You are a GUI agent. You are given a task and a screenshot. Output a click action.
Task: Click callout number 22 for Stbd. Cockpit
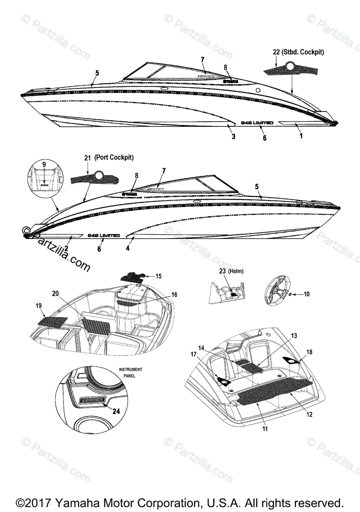tap(276, 52)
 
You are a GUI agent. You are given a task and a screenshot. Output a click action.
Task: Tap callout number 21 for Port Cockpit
tap(87, 158)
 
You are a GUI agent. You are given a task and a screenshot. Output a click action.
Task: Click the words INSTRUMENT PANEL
tap(130, 372)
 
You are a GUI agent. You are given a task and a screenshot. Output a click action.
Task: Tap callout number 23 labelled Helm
tap(222, 271)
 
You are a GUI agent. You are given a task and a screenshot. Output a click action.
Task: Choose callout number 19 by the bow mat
tap(39, 305)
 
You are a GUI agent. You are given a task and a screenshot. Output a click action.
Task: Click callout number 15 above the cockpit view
tap(158, 276)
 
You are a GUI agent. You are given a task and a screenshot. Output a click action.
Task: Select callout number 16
tap(174, 294)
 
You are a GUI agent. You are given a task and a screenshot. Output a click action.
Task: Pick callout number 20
tap(55, 294)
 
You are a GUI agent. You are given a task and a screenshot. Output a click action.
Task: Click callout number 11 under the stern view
tap(265, 429)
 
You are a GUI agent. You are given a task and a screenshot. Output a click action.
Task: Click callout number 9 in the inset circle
tap(43, 164)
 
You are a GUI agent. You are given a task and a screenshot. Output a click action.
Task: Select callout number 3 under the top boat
tap(233, 136)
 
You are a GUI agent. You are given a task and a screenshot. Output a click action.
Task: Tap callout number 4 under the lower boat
tap(128, 248)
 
